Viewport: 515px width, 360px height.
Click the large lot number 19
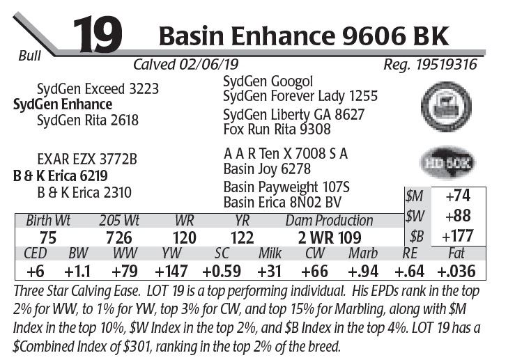(97, 34)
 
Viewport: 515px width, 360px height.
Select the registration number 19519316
(431, 65)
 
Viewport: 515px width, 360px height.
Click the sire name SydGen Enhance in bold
(63, 104)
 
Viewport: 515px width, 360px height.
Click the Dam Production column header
(330, 221)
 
